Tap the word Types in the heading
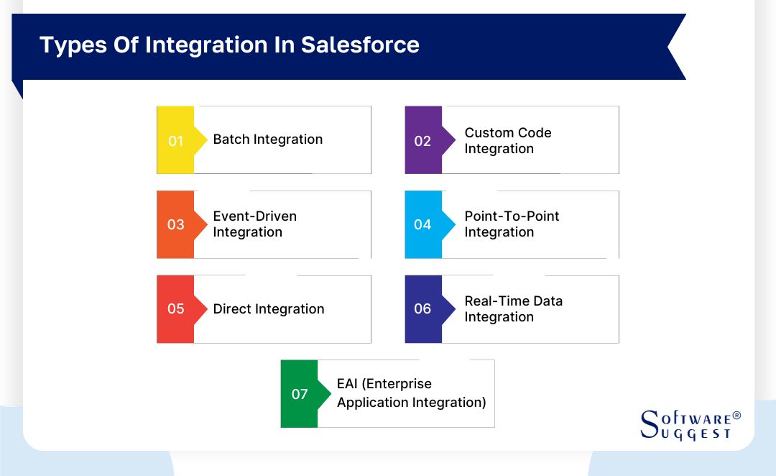[72, 45]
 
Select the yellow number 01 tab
[176, 141]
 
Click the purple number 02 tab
[423, 141]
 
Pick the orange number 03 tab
[176, 225]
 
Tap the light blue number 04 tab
[423, 225]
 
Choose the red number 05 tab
[176, 309]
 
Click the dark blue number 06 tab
[423, 309]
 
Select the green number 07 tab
[300, 394]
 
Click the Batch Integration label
[268, 139]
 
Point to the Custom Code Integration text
[507, 141]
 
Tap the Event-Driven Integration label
[255, 224]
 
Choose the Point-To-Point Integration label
[512, 224]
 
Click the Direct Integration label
[269, 309]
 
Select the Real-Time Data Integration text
[513, 309]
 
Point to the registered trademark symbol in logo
[736, 416]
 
